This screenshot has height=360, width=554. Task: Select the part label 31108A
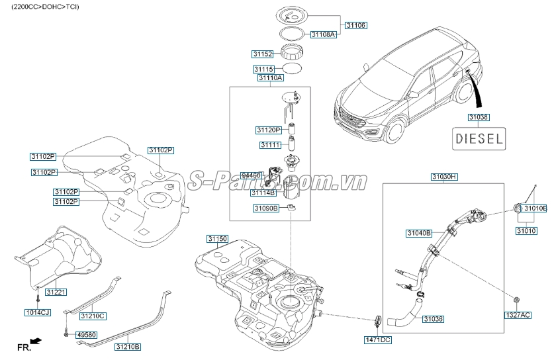click(x=324, y=34)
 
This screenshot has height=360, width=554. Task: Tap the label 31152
click(x=263, y=54)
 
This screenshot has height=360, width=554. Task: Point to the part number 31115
click(x=264, y=69)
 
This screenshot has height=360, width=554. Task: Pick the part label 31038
click(x=479, y=117)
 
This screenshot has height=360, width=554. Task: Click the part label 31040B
click(x=418, y=233)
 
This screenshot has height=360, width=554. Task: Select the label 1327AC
click(x=518, y=316)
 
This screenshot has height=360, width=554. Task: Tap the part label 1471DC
click(x=378, y=339)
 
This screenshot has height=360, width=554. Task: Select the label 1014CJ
click(x=38, y=312)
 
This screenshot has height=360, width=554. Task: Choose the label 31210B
click(x=128, y=346)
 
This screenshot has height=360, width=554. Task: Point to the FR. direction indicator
click(x=28, y=345)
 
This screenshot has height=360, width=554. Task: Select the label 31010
click(x=528, y=232)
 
